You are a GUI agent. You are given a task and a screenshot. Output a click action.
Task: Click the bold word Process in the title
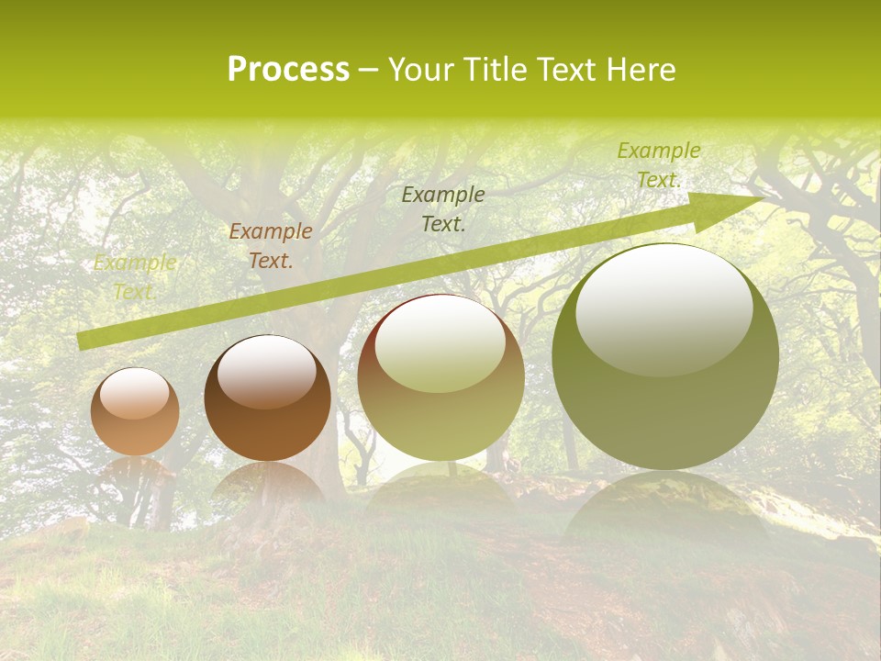(x=288, y=70)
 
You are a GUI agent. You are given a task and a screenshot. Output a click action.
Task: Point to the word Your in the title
(x=424, y=70)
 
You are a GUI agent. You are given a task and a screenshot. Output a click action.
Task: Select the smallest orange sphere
(x=135, y=412)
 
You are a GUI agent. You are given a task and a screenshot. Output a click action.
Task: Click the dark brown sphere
(x=267, y=398)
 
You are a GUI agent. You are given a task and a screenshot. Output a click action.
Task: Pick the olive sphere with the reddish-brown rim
(x=440, y=378)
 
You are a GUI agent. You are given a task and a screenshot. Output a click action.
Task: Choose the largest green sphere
(x=665, y=357)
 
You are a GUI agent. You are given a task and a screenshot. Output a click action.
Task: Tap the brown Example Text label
(x=270, y=246)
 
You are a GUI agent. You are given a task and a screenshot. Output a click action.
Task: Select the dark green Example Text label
(x=443, y=208)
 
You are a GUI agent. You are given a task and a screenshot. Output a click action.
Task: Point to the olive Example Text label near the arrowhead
(x=658, y=165)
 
